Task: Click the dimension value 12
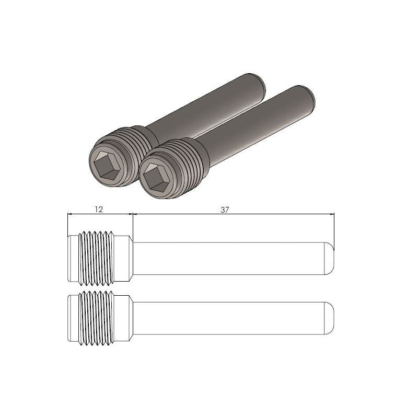(98, 208)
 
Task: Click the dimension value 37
(225, 208)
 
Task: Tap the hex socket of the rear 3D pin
(108, 159)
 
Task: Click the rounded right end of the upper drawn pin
(330, 258)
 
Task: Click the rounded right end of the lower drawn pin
(330, 319)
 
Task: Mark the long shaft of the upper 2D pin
(230, 258)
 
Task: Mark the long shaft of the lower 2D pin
(230, 319)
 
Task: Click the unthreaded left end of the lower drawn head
(73, 319)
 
